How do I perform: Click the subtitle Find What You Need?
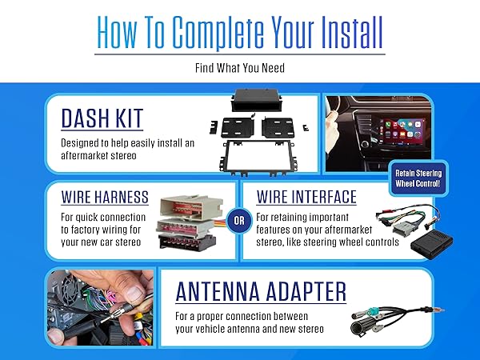point(239,68)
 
